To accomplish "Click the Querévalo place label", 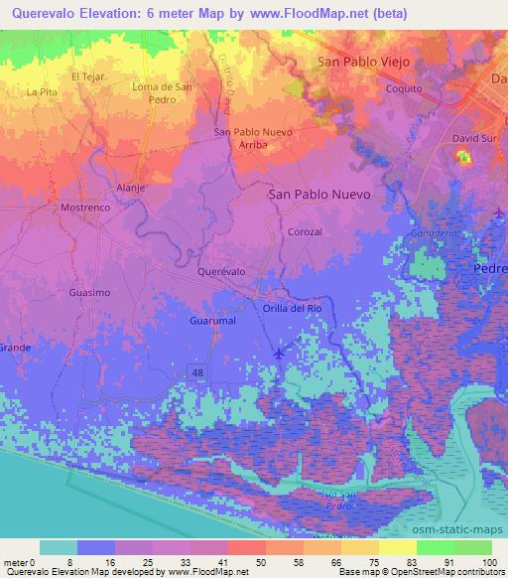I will pyautogui.click(x=221, y=271).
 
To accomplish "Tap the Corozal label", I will pyautogui.click(x=306, y=230).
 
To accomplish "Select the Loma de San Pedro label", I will pyautogui.click(x=161, y=92).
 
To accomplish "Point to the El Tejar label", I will pyautogui.click(x=87, y=75).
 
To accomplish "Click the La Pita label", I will pyautogui.click(x=43, y=91).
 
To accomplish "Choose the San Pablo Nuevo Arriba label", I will pyautogui.click(x=255, y=137).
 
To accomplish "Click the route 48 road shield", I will pyautogui.click(x=198, y=369).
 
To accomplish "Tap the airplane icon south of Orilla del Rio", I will pyautogui.click(x=279, y=352).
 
